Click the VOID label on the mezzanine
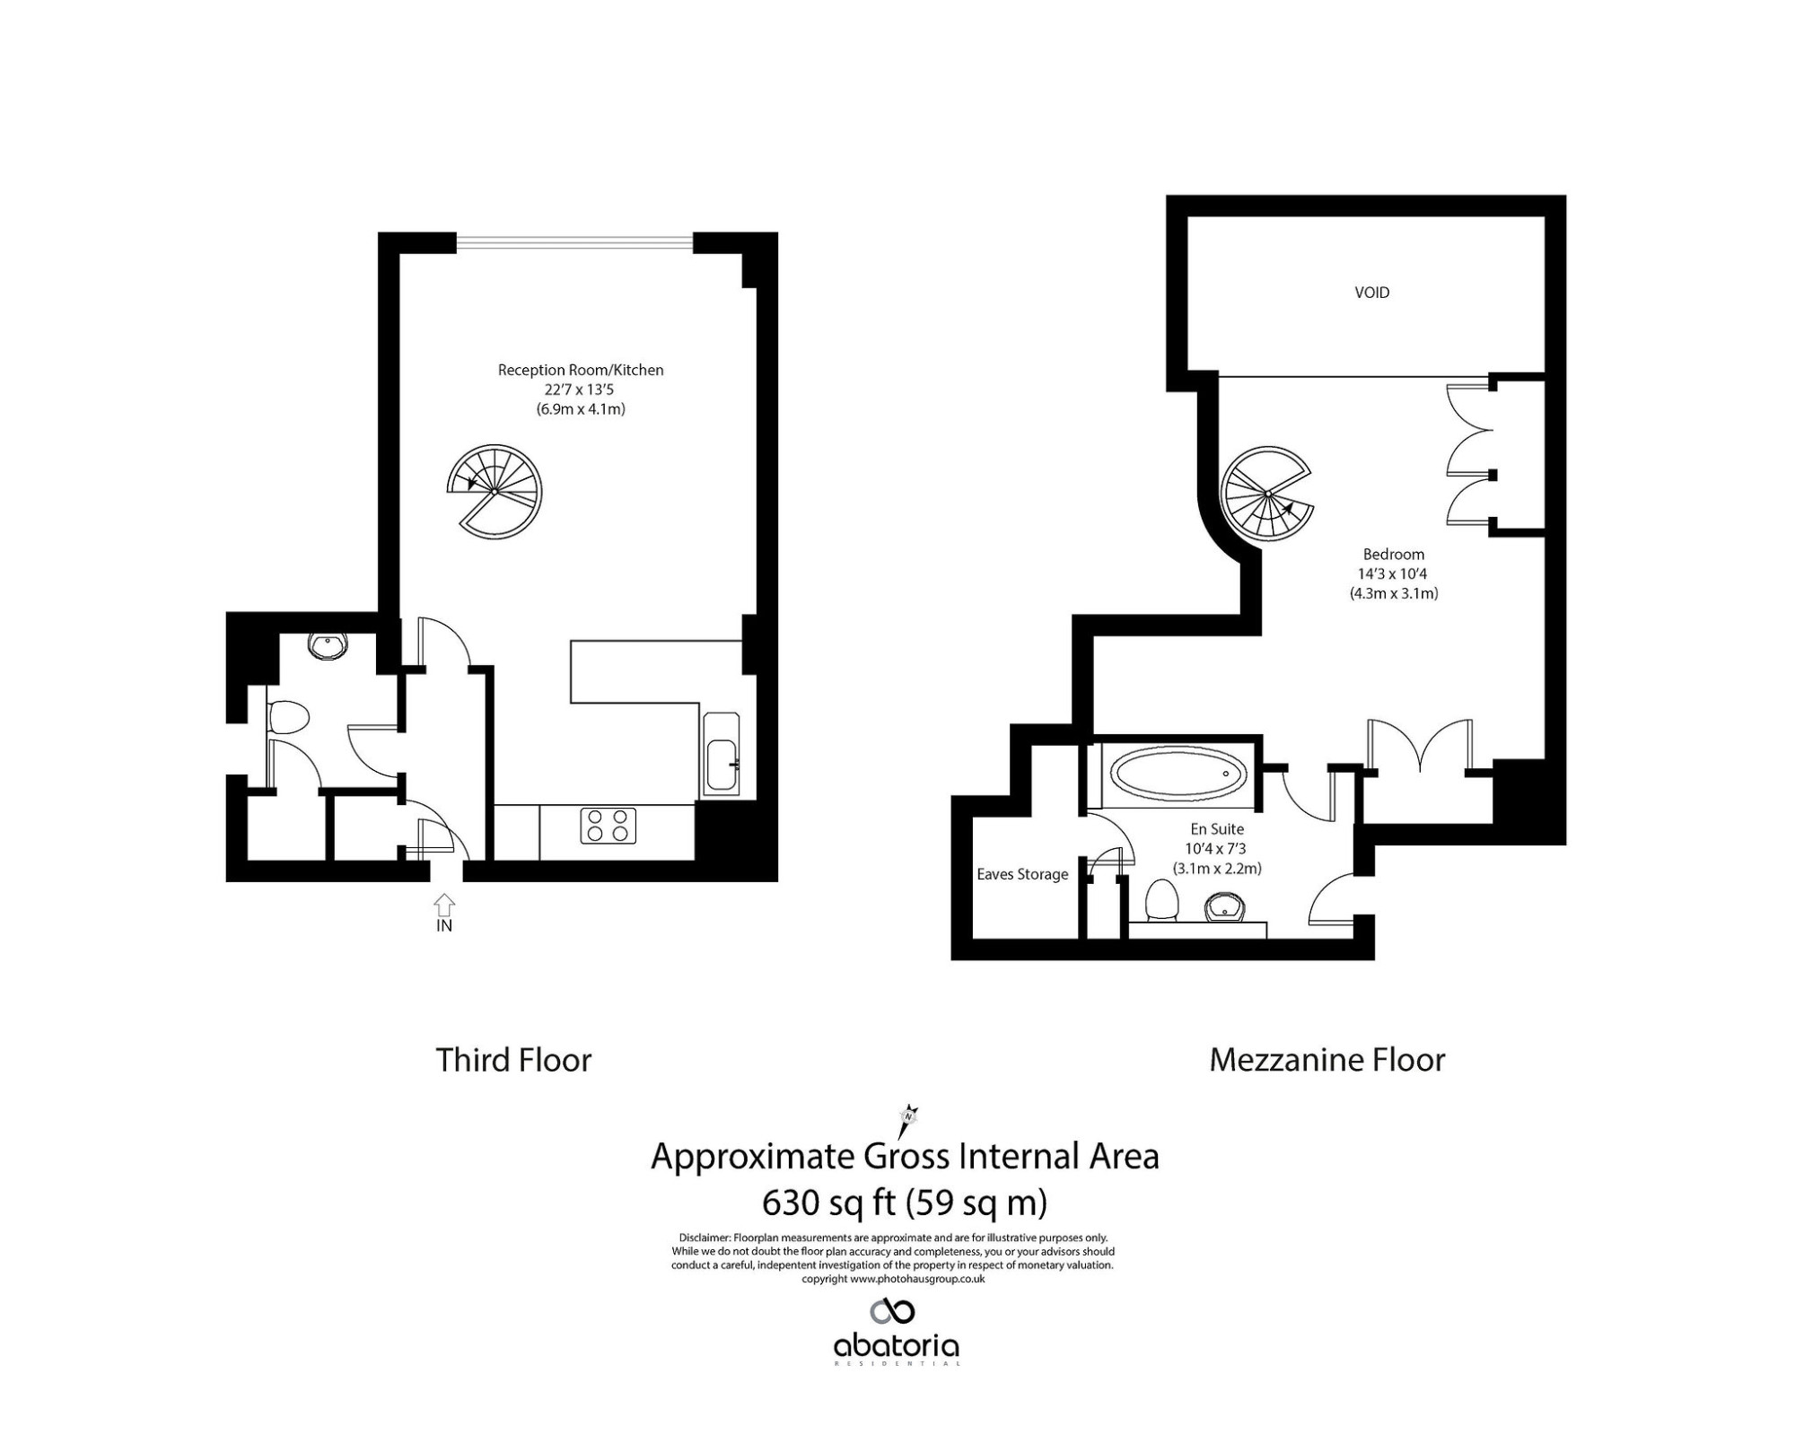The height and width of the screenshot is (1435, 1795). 1371,293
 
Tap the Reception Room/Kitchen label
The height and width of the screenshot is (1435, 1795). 581,370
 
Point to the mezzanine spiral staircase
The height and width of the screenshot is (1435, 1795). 1268,494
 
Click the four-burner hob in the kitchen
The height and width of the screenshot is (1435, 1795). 608,826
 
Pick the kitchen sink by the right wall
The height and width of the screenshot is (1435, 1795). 722,754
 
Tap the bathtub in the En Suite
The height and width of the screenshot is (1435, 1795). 1178,773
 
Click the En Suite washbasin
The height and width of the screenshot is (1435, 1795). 1226,907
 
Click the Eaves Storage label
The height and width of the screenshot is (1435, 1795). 1022,874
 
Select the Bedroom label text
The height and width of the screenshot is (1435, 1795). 1393,555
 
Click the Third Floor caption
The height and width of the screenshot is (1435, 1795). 513,1060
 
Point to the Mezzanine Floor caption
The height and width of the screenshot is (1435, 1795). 1327,1060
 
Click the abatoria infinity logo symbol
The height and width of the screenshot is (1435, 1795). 893,1311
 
